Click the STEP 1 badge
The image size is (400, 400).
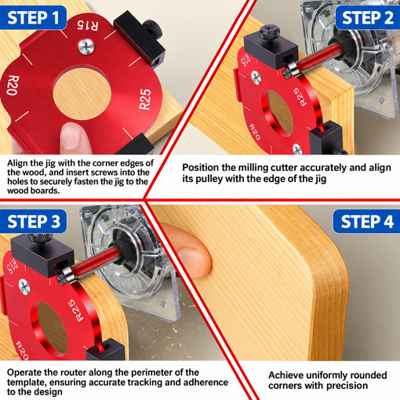click(x=33, y=17)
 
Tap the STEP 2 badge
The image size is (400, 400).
click(x=368, y=17)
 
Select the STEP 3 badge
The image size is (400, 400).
click(x=33, y=221)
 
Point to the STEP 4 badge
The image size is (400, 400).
click(x=366, y=221)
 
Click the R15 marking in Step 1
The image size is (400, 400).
click(x=88, y=25)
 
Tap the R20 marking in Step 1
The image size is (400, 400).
click(x=13, y=85)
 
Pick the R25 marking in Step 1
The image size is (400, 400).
click(x=145, y=99)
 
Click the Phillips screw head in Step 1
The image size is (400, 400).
click(x=86, y=47)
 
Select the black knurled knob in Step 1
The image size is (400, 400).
click(x=153, y=28)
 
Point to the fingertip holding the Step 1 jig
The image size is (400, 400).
click(x=72, y=138)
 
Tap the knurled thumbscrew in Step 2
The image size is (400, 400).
click(x=269, y=32)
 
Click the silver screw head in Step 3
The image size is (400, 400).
click(x=24, y=287)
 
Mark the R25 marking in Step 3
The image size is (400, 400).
click(x=75, y=311)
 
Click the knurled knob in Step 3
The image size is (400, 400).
click(x=40, y=238)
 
